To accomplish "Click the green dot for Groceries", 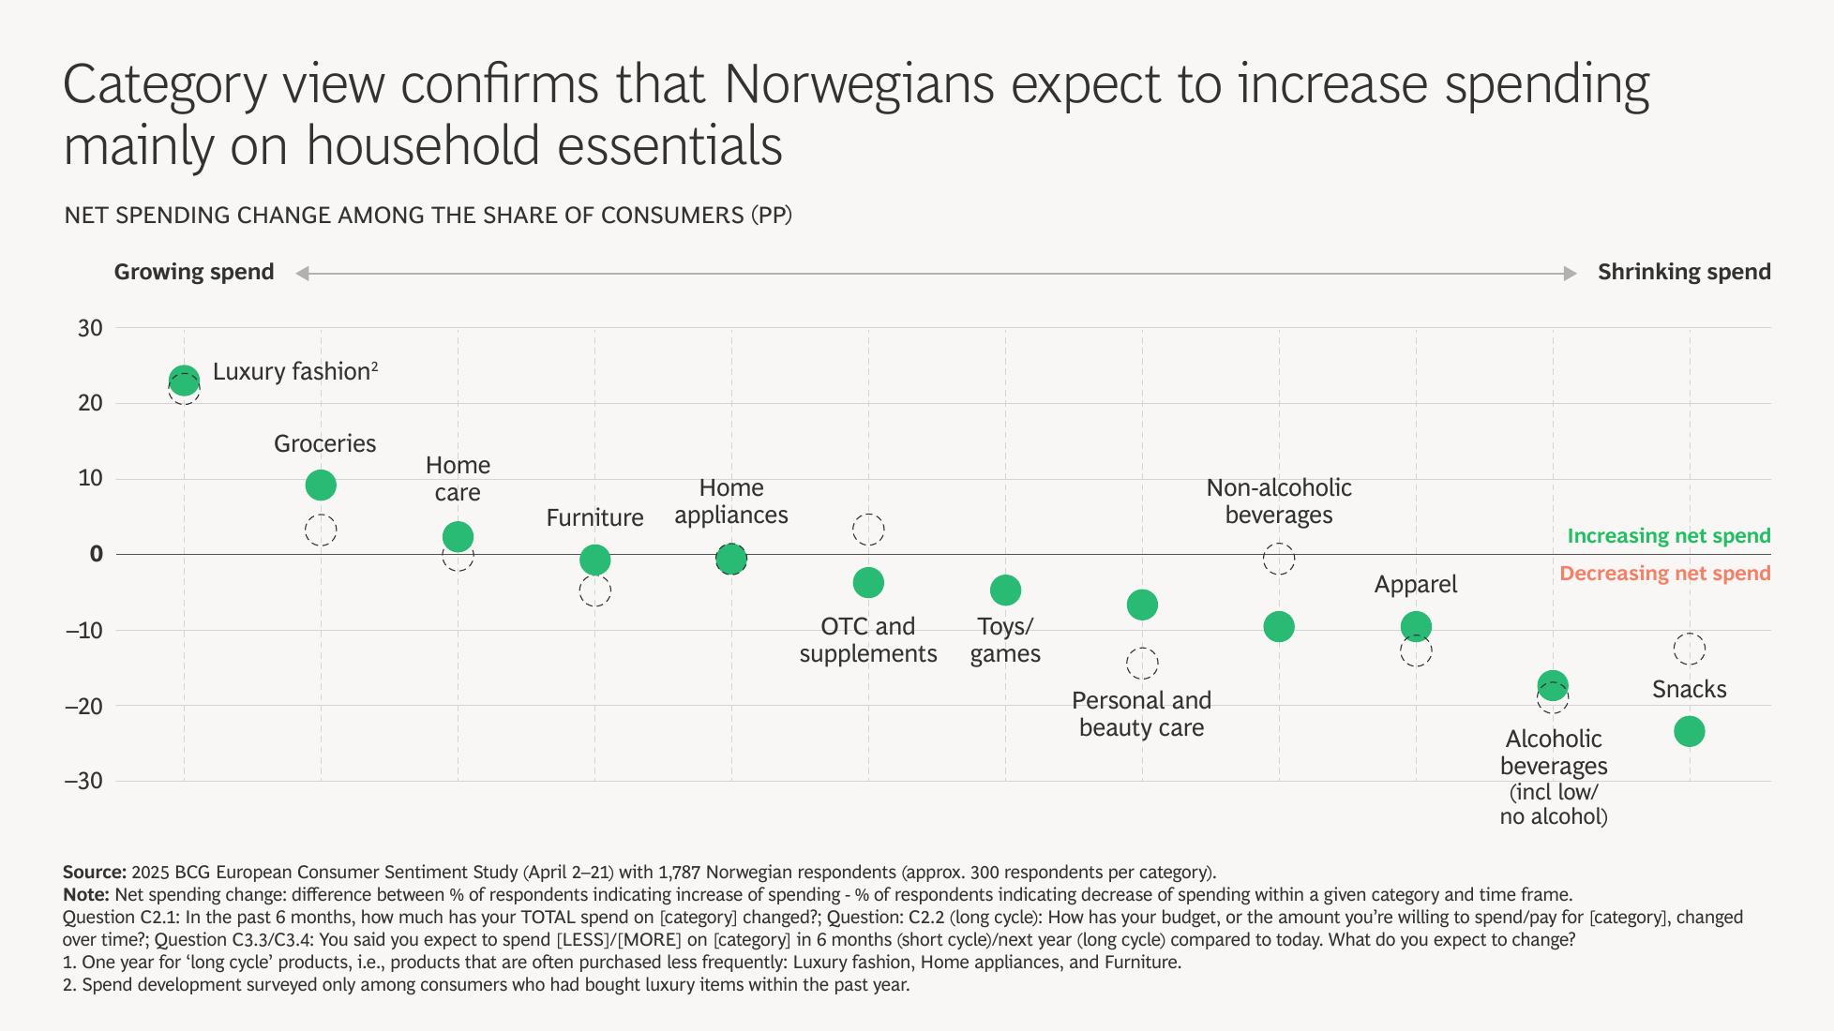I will (321, 486).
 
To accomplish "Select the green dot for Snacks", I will (1689, 731).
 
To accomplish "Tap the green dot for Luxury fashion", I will (184, 381).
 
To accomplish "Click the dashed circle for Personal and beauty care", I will (1141, 664).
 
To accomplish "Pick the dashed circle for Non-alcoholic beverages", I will (1279, 560).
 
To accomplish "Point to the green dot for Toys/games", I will (1005, 590).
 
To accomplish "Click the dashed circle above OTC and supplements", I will (868, 530).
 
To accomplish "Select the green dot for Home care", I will (458, 537).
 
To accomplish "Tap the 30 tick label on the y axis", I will (90, 328).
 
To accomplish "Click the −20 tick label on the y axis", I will (83, 706).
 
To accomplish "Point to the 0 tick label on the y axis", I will (96, 554).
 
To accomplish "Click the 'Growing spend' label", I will (194, 273).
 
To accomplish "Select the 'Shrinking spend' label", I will (1684, 273).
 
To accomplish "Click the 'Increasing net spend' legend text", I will (1669, 536).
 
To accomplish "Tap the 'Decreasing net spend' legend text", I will (1664, 574).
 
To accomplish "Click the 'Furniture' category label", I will (594, 518).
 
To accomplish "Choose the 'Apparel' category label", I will (1415, 585).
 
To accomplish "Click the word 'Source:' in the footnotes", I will (95, 873).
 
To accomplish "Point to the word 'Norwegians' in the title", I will (858, 84).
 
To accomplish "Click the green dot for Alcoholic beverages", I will (1553, 685).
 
